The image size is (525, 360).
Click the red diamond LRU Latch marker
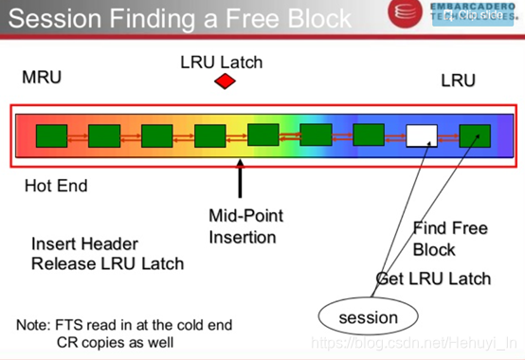pyautogui.click(x=224, y=81)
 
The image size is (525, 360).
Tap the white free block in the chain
pyautogui.click(x=421, y=136)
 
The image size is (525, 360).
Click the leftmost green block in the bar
pyautogui.click(x=51, y=136)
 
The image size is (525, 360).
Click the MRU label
pyautogui.click(x=42, y=77)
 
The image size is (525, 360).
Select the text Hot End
pyautogui.click(x=56, y=186)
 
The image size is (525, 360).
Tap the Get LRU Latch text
pyautogui.click(x=433, y=278)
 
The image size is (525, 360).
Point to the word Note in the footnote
pyautogui.click(x=34, y=325)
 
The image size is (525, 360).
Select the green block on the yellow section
pyautogui.click(x=209, y=136)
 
